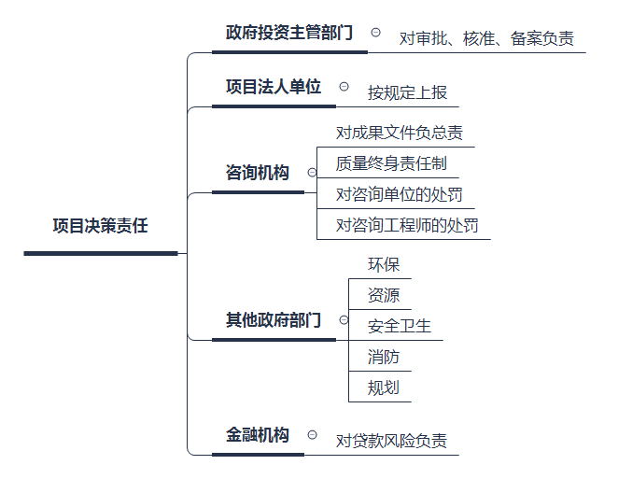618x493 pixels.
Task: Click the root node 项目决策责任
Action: pos(101,227)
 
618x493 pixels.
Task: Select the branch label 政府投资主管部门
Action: pos(289,34)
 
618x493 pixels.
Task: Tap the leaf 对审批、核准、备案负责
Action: pos(486,39)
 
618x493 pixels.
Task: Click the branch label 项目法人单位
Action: pos(274,87)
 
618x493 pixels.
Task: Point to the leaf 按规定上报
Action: pos(407,92)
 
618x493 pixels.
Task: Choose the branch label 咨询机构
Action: pos(258,173)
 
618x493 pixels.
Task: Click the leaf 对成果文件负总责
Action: pos(400,133)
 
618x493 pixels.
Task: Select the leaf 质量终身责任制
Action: pos(392,163)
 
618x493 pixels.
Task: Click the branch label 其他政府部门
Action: pos(274,320)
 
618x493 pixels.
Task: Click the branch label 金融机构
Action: pos(258,435)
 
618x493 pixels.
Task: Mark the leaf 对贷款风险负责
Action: pos(390,441)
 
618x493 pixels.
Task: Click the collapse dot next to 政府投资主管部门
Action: pos(375,32)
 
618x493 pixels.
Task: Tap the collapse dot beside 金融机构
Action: pos(312,435)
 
